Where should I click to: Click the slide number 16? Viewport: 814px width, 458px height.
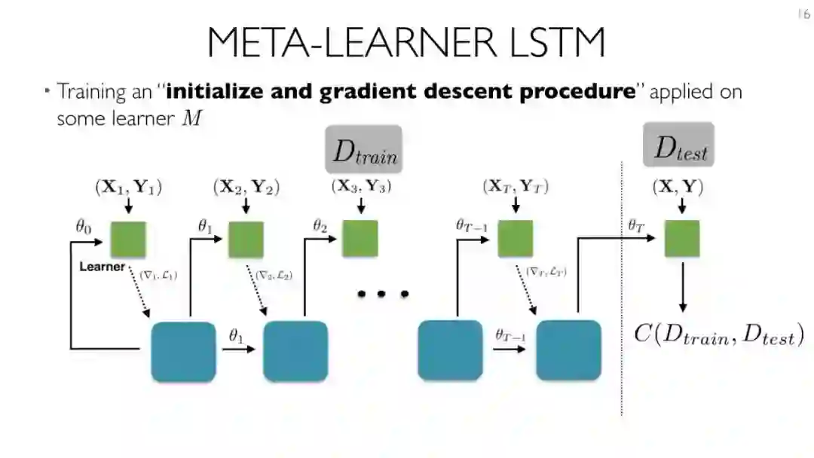click(802, 14)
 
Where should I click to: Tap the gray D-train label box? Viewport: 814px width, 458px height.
click(363, 150)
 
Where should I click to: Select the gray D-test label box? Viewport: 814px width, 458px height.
click(678, 146)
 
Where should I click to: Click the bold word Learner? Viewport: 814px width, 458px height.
click(101, 267)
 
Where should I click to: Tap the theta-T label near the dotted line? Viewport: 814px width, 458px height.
click(637, 224)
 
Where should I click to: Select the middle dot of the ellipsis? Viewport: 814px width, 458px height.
click(382, 295)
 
